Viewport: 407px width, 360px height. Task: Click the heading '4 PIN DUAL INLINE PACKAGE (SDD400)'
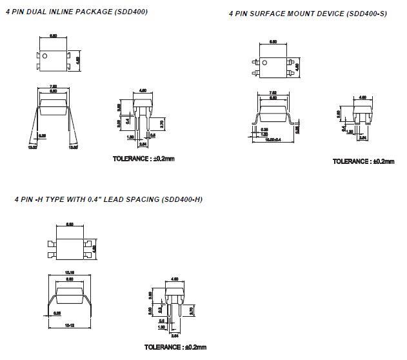pyautogui.click(x=76, y=12)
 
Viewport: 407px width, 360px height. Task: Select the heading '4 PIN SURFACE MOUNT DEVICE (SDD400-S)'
pyautogui.click(x=308, y=14)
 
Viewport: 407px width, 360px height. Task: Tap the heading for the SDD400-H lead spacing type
pyautogui.click(x=108, y=199)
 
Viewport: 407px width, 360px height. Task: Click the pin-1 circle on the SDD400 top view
pyautogui.click(x=46, y=55)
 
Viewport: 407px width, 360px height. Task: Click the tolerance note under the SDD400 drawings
pyautogui.click(x=143, y=158)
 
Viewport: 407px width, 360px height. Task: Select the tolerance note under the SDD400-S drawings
pyautogui.click(x=363, y=161)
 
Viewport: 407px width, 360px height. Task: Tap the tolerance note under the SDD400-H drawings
pyautogui.click(x=175, y=347)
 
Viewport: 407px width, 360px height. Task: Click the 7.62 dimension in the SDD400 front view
pyautogui.click(x=54, y=87)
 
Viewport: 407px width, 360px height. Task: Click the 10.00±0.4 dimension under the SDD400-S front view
pyautogui.click(x=273, y=139)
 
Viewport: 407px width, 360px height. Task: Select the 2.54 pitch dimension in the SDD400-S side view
pyautogui.click(x=362, y=137)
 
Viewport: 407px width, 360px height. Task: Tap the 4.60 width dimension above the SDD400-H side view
pyautogui.click(x=174, y=279)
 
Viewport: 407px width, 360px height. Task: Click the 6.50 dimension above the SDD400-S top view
pyautogui.click(x=273, y=41)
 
